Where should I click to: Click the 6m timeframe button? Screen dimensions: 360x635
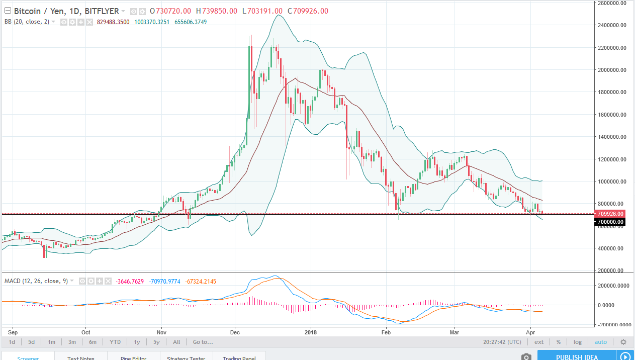point(93,342)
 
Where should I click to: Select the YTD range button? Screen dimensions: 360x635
point(115,342)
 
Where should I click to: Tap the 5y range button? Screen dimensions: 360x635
point(157,342)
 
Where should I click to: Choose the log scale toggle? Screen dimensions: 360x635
point(578,342)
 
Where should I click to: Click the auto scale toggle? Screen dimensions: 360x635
point(601,342)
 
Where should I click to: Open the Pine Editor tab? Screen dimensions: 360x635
point(134,357)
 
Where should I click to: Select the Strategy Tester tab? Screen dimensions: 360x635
point(187,357)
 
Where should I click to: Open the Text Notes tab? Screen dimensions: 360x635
point(81,357)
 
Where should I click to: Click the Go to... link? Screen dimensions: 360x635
point(203,342)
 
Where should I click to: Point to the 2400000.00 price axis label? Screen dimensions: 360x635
point(609,25)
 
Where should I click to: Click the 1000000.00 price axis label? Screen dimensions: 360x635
point(609,182)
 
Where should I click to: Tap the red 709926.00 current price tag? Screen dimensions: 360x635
point(609,214)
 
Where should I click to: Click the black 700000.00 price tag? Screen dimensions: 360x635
point(609,222)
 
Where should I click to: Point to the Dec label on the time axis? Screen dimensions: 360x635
point(234,332)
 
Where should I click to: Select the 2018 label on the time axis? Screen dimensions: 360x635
point(311,332)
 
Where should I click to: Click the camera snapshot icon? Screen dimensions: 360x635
point(526,356)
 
